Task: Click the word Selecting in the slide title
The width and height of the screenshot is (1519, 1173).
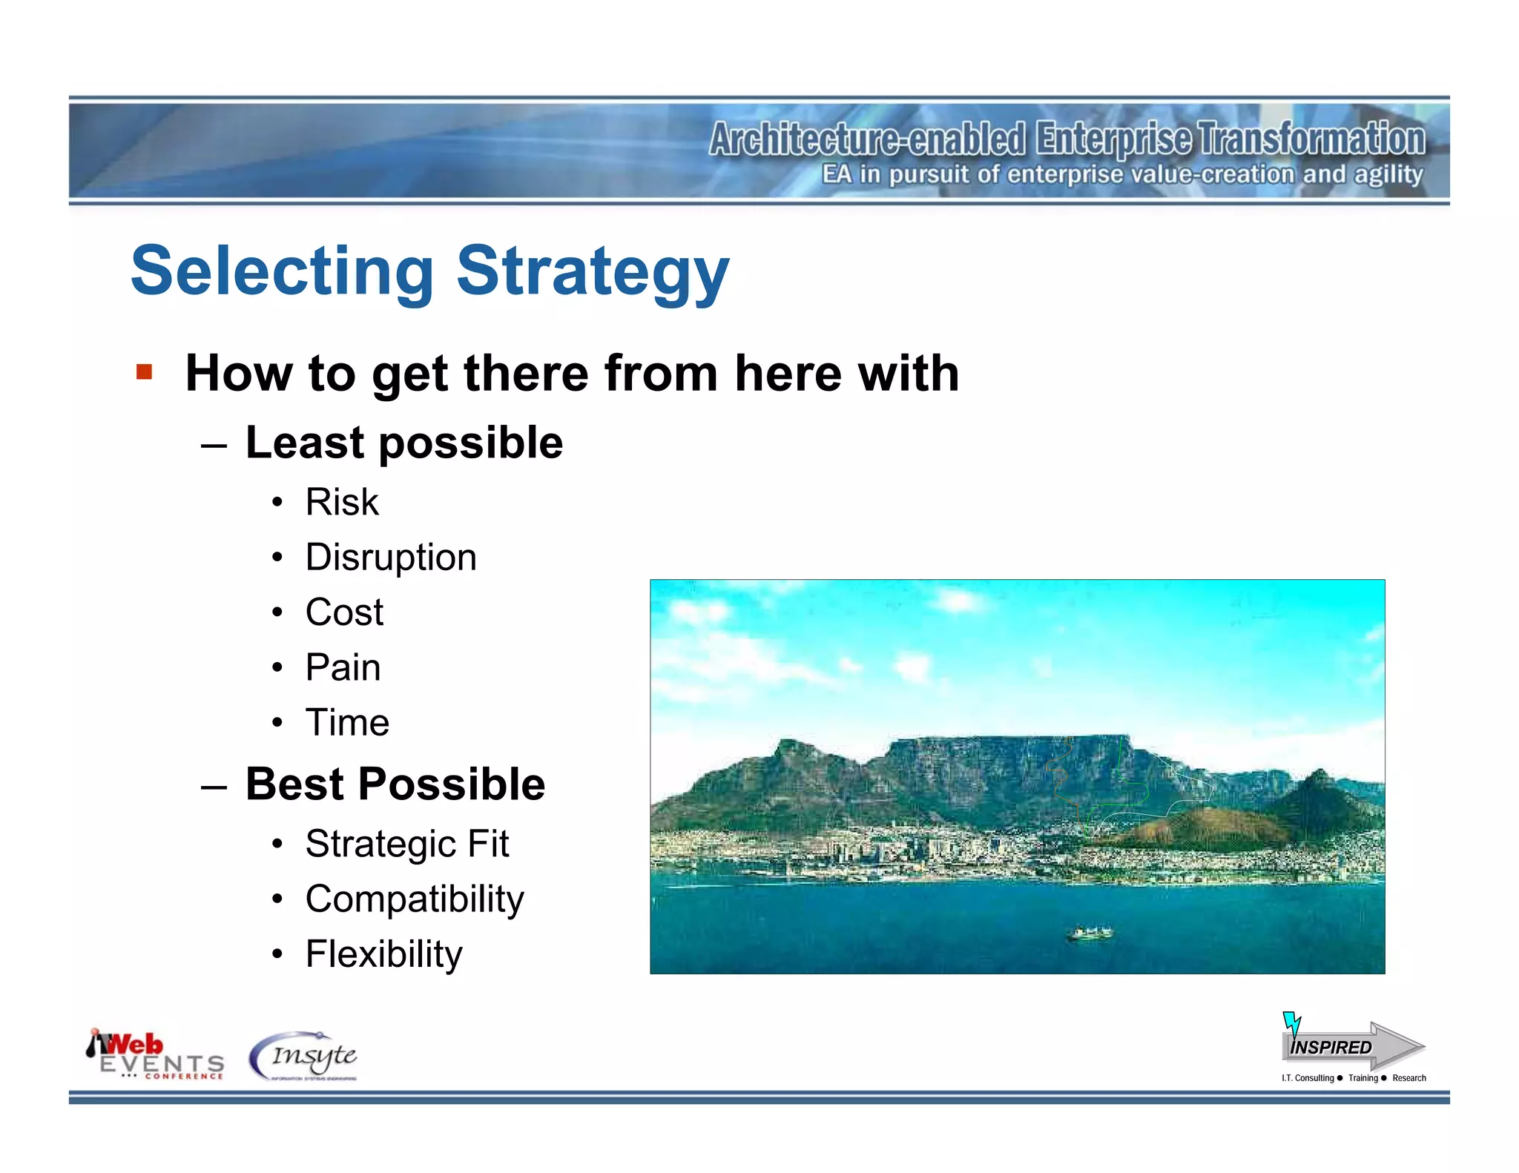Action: click(282, 271)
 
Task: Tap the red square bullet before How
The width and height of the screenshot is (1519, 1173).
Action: click(144, 371)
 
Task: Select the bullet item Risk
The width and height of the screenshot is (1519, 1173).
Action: click(342, 502)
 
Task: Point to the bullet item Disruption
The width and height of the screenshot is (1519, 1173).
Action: click(391, 557)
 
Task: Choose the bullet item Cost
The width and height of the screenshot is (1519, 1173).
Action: click(344, 612)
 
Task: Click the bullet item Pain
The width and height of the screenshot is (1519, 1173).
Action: click(343, 667)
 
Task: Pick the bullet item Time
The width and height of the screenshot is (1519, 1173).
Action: click(347, 722)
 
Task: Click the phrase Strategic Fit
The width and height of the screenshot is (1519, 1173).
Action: click(406, 844)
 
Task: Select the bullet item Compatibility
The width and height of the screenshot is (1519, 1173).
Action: click(415, 899)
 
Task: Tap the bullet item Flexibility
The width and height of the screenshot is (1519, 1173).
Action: click(383, 954)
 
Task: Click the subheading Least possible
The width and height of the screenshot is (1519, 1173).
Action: click(404, 443)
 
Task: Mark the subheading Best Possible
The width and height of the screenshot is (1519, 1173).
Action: click(395, 784)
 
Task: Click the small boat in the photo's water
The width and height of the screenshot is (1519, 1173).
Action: click(1089, 933)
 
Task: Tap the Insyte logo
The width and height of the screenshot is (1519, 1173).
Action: click(304, 1056)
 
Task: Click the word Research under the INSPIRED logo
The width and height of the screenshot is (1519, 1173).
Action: click(1408, 1078)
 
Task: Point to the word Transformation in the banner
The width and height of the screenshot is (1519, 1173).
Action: click(1311, 139)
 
